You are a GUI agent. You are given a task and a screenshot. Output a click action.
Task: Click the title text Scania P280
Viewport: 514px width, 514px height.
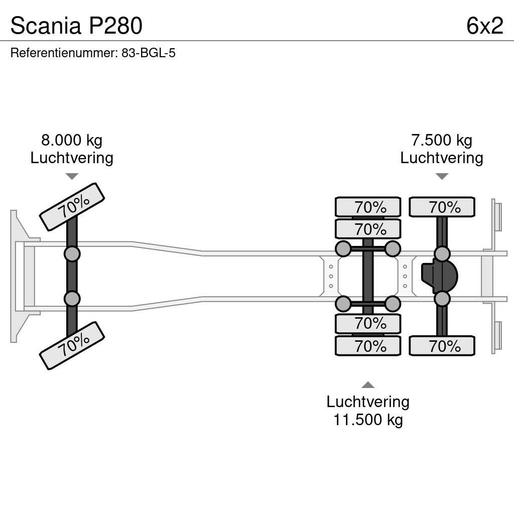pyautogui.click(x=76, y=26)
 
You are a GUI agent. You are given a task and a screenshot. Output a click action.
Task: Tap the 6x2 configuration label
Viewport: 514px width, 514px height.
pyautogui.click(x=484, y=26)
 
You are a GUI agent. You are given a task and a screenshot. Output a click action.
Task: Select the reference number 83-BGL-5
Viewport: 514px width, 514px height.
pyautogui.click(x=148, y=53)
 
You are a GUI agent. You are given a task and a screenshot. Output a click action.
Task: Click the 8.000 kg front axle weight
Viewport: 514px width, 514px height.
pyautogui.click(x=72, y=140)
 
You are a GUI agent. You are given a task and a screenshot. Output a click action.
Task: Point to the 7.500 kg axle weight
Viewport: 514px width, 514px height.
pyautogui.click(x=442, y=140)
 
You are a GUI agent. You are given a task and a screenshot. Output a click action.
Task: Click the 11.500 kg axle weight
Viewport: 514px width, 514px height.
pyautogui.click(x=368, y=419)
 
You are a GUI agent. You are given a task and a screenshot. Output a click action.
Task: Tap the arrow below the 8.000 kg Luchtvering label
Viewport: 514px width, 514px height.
pyautogui.click(x=72, y=176)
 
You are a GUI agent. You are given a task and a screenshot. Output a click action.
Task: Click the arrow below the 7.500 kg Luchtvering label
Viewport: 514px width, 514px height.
pyautogui.click(x=442, y=176)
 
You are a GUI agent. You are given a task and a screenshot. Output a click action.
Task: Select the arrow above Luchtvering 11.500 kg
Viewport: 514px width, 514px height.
pyautogui.click(x=368, y=385)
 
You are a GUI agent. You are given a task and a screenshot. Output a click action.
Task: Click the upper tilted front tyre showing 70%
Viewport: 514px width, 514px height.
pyautogui.click(x=72, y=206)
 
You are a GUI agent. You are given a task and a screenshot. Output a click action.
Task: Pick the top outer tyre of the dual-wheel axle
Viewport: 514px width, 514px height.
pyautogui.click(x=368, y=207)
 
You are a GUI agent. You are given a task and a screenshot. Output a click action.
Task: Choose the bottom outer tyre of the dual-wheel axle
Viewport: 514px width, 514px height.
pyautogui.click(x=368, y=346)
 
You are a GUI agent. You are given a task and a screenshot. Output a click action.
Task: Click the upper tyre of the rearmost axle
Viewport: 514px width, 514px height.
pyautogui.click(x=442, y=207)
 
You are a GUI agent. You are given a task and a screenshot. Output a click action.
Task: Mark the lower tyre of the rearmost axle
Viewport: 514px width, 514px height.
pyautogui.click(x=442, y=346)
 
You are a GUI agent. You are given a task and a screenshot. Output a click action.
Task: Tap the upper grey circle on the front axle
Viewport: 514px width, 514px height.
pyautogui.click(x=72, y=253)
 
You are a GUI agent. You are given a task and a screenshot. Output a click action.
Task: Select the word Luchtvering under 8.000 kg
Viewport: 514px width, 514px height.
pyautogui.click(x=72, y=158)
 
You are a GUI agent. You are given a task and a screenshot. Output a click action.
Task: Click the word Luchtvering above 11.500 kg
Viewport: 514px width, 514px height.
pyautogui.click(x=368, y=402)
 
